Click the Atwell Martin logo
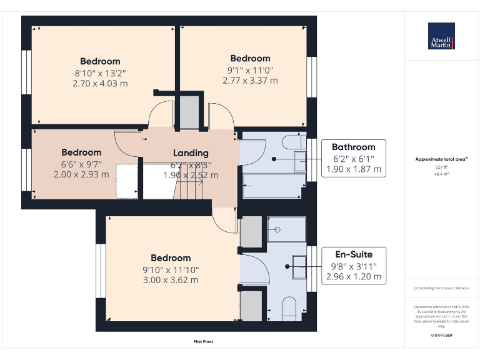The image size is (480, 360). (441, 36)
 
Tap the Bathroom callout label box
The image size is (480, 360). (353, 158)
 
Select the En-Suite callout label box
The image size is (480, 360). (353, 266)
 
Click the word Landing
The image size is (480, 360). (191, 153)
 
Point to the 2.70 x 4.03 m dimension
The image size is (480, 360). (100, 83)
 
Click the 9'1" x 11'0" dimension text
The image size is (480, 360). (250, 70)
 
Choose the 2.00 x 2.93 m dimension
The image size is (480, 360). (81, 174)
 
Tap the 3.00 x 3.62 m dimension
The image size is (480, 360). (171, 280)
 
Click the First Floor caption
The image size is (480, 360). (204, 342)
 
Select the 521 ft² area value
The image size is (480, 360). (441, 167)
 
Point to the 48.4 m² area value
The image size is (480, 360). (441, 174)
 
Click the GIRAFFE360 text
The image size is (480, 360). (441, 336)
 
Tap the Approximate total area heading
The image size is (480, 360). (441, 159)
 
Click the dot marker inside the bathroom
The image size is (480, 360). (274, 159)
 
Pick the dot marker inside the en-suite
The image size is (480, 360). (287, 266)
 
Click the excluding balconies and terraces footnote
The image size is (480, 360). (441, 288)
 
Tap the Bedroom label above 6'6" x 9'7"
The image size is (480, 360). (81, 152)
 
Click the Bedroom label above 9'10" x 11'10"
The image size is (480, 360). (171, 258)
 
